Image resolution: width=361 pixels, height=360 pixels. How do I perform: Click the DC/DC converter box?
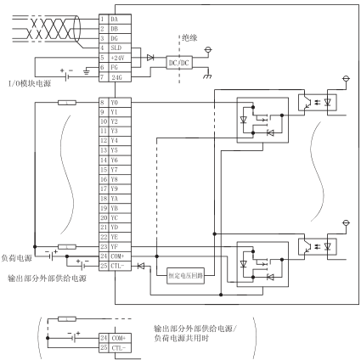pyautogui.click(x=179, y=62)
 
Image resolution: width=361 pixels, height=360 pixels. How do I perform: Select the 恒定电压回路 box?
pyautogui.click(x=185, y=275)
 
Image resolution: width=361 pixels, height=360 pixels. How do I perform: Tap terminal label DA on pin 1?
pyautogui.click(x=120, y=20)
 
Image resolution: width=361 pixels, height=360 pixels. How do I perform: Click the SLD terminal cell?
pyautogui.click(x=120, y=48)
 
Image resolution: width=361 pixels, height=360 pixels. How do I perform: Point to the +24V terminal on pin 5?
pyautogui.click(x=120, y=58)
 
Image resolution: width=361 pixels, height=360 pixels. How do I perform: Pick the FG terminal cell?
pyautogui.click(x=120, y=67)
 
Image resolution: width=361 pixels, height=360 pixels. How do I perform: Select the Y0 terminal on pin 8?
pyautogui.click(x=120, y=103)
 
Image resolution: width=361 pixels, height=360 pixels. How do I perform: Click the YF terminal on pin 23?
pyautogui.click(x=120, y=246)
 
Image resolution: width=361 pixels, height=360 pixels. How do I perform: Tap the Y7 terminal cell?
pyautogui.click(x=120, y=170)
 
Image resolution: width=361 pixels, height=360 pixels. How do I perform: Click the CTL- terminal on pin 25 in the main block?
pyautogui.click(x=120, y=266)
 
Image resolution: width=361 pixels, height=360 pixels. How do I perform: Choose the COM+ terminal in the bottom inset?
pyautogui.click(x=120, y=338)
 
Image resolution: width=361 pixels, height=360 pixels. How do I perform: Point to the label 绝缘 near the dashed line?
pyautogui.click(x=189, y=37)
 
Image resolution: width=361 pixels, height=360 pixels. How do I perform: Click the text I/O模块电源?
pyautogui.click(x=30, y=83)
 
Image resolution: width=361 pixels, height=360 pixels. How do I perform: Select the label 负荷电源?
pyautogui.click(x=17, y=258)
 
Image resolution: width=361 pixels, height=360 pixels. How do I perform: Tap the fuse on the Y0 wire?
pyautogui.click(x=67, y=103)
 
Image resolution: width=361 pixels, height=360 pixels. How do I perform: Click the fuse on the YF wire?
pyautogui.click(x=67, y=247)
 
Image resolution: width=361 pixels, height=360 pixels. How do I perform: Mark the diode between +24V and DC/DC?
pyautogui.click(x=150, y=58)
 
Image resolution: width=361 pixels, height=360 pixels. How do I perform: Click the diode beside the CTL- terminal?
pyautogui.click(x=141, y=266)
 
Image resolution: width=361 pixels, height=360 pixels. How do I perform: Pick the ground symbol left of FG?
pyautogui.click(x=87, y=71)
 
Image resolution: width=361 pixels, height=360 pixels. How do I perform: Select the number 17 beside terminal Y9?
pyautogui.click(x=104, y=188)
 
